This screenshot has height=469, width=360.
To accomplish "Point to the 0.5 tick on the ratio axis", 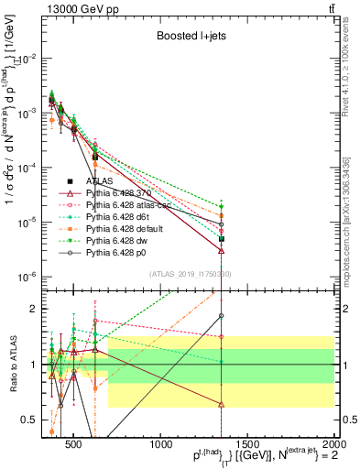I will click(x=33, y=420).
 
